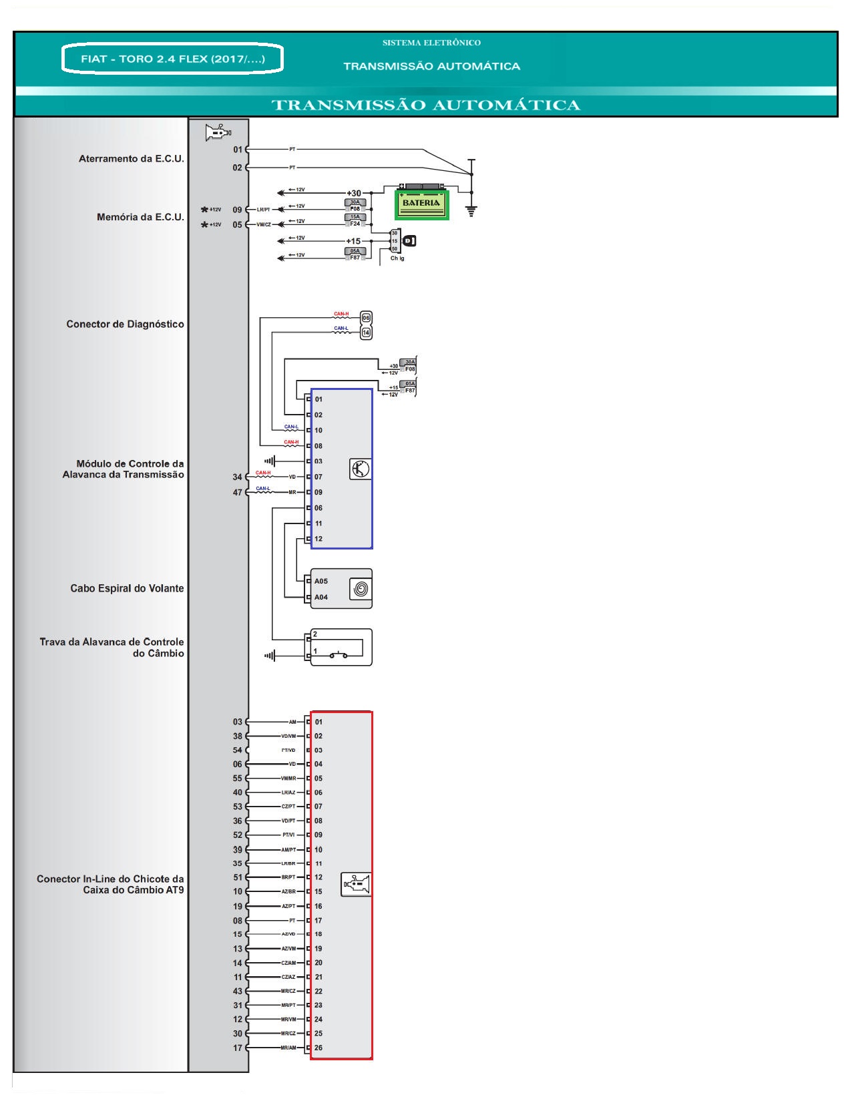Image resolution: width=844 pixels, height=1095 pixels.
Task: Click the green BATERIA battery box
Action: (x=421, y=204)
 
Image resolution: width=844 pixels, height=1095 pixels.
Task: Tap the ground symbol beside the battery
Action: (x=471, y=211)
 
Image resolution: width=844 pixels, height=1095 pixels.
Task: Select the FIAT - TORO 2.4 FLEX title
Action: (x=172, y=59)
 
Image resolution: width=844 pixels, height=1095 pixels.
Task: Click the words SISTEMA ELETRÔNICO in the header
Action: (x=431, y=43)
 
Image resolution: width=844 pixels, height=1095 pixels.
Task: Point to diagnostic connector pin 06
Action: (x=366, y=318)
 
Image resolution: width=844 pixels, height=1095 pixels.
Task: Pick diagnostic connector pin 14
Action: (x=366, y=332)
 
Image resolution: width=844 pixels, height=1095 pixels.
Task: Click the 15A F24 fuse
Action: (x=355, y=220)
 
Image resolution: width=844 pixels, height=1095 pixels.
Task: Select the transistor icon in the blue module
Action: (x=360, y=469)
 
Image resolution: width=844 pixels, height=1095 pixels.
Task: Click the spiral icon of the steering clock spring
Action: (x=360, y=589)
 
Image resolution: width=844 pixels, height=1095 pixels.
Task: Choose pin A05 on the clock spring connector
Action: (x=321, y=581)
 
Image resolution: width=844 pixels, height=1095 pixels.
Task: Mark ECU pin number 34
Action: (x=237, y=477)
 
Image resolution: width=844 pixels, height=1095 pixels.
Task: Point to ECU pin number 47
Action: (x=237, y=493)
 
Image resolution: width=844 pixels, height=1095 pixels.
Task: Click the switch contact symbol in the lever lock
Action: (x=339, y=655)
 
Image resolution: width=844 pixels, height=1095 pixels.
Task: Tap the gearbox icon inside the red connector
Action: (x=355, y=885)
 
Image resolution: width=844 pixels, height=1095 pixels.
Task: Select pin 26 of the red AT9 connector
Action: (x=319, y=1048)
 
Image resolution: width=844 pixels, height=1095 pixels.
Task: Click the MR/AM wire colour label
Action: (x=288, y=1048)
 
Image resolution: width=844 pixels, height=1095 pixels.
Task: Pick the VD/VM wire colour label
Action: (x=288, y=736)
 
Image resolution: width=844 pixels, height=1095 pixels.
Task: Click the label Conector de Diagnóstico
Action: (x=125, y=324)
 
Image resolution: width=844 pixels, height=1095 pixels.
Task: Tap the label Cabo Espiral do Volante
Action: (x=127, y=588)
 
